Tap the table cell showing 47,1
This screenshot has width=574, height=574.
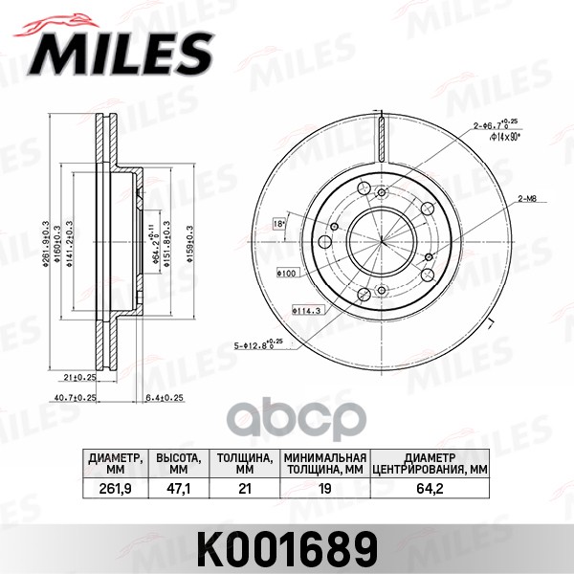176,489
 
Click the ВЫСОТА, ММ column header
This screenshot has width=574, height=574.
176,463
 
